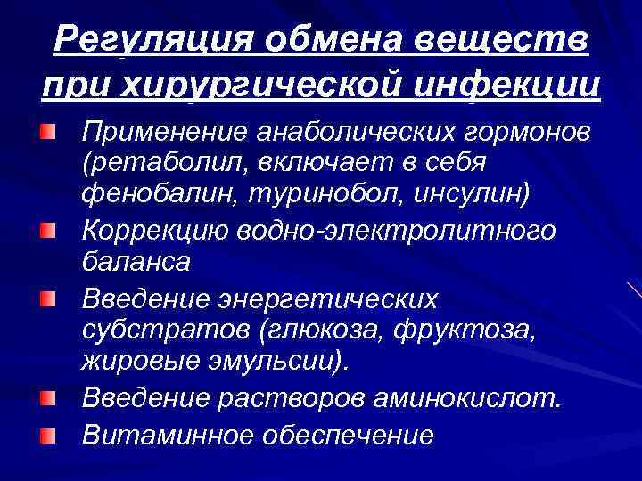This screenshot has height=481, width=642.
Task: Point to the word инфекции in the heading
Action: pos(517,86)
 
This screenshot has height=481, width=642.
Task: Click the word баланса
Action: pos(136,261)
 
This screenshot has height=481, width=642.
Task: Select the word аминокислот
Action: pos(469,398)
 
